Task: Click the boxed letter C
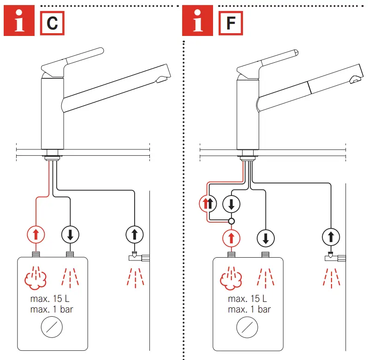52,23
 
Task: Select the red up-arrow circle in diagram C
36,235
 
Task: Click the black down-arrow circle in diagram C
70,235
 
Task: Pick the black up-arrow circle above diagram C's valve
134,235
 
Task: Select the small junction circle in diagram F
231,221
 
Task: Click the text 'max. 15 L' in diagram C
50,298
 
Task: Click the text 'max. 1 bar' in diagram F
249,309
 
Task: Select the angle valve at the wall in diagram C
136,257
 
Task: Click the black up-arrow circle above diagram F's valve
330,238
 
